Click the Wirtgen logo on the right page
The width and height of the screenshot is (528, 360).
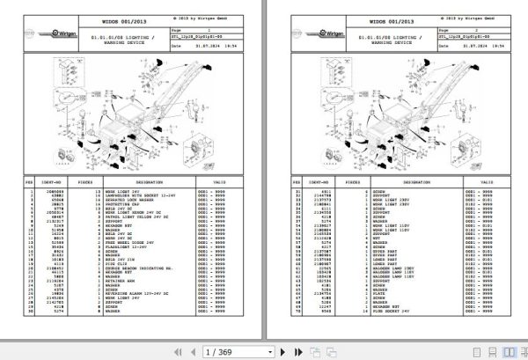(x=309, y=33)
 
